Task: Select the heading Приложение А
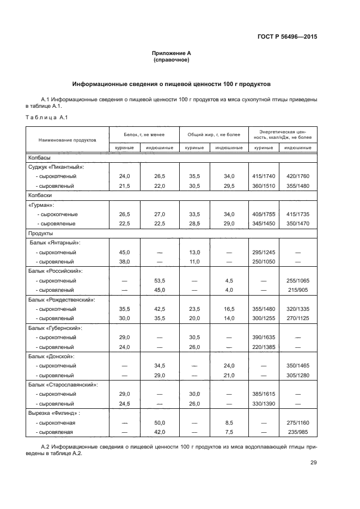pos(172,53)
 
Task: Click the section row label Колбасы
pos(39,157)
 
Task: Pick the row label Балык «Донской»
pos(56,356)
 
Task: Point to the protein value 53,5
pos(160,280)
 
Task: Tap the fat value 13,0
pos(194,252)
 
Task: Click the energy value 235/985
pos(297,432)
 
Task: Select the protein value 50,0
pos(160,422)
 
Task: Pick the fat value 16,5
pos(229,309)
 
